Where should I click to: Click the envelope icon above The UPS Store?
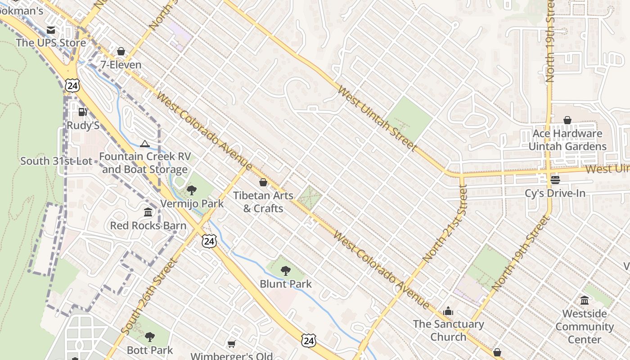[51, 30]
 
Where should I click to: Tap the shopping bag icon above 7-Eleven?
[121, 52]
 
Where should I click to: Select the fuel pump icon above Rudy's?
[83, 112]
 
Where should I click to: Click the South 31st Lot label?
[56, 161]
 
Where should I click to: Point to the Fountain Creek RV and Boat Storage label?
[145, 163]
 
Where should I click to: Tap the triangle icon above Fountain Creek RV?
[144, 144]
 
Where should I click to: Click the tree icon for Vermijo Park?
[192, 190]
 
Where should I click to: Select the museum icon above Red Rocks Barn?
[148, 212]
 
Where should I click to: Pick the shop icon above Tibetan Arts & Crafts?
[263, 182]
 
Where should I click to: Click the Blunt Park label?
[286, 284]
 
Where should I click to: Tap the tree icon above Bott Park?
[150, 337]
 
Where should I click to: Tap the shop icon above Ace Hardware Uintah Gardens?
[567, 121]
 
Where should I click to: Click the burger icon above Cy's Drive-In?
[555, 180]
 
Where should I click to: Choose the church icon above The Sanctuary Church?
[448, 311]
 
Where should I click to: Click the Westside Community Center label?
[585, 326]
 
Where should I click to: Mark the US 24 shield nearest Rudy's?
[72, 85]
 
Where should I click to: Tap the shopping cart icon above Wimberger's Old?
[232, 344]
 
